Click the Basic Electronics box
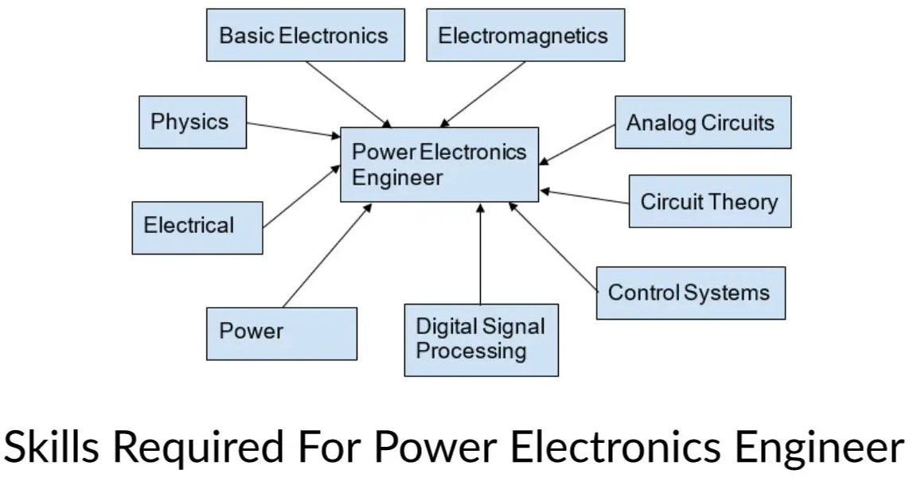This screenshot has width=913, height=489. pyautogui.click(x=306, y=35)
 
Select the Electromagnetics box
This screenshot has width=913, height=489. pyautogui.click(x=526, y=35)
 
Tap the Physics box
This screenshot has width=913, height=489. pyautogui.click(x=193, y=122)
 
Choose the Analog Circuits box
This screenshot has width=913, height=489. pyautogui.click(x=703, y=122)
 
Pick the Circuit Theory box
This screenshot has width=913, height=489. pyautogui.click(x=710, y=201)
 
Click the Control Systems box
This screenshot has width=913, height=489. pyautogui.click(x=691, y=293)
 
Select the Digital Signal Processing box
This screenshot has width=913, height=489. pyautogui.click(x=482, y=340)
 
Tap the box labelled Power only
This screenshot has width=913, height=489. pyautogui.click(x=282, y=334)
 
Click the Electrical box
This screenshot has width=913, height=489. pyautogui.click(x=197, y=228)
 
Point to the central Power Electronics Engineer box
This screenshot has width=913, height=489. pyautogui.click(x=439, y=165)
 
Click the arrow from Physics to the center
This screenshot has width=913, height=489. pyautogui.click(x=294, y=130)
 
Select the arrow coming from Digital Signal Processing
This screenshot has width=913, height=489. pyautogui.click(x=480, y=254)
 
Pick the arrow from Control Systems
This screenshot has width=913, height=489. pyautogui.click(x=553, y=247)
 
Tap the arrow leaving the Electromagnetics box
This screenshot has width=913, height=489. pyautogui.click(x=482, y=94)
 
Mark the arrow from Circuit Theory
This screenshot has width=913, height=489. pyautogui.click(x=584, y=196)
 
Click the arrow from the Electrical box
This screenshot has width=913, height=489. pyautogui.click(x=302, y=196)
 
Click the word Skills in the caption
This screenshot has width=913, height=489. pyautogui.click(x=51, y=447)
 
